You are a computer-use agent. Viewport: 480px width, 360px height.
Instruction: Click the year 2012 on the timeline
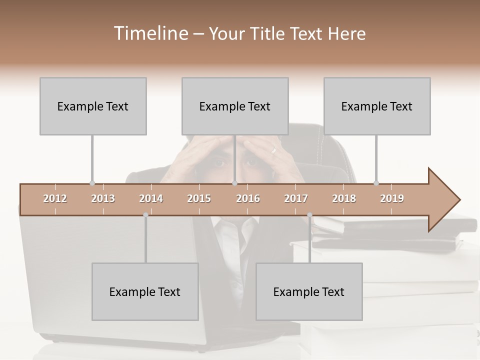pos(55,198)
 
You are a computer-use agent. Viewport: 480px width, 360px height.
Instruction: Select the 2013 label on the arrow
pos(103,198)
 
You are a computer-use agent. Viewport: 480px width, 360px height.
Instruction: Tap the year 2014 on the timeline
pos(151,198)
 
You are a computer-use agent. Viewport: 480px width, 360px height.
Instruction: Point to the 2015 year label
pos(199,198)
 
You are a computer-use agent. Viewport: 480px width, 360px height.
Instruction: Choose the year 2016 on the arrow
pos(248,198)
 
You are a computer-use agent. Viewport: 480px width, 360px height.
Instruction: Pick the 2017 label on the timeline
pos(296,198)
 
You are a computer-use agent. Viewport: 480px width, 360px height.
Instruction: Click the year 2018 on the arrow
pos(344,198)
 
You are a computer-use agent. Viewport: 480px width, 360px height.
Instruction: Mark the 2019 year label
pos(392,198)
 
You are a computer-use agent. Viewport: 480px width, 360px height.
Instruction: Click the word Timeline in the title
pos(149,33)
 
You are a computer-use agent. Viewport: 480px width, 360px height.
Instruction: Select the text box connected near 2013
pos(93,106)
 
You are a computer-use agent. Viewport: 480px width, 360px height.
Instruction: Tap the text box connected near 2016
pos(235,106)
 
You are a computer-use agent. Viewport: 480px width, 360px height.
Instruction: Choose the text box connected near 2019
pos(377,106)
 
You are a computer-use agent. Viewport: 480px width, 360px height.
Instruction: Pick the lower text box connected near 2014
pos(145,291)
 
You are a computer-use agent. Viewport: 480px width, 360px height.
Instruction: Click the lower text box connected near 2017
pos(309,291)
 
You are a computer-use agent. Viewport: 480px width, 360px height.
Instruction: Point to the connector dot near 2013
pos(92,183)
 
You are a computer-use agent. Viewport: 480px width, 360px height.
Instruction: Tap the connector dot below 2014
pos(145,215)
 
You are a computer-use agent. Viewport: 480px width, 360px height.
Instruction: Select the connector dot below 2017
pos(309,215)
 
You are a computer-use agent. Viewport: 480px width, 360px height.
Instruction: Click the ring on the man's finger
pos(273,149)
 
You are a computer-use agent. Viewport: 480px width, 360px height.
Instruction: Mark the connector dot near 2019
pos(376,183)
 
